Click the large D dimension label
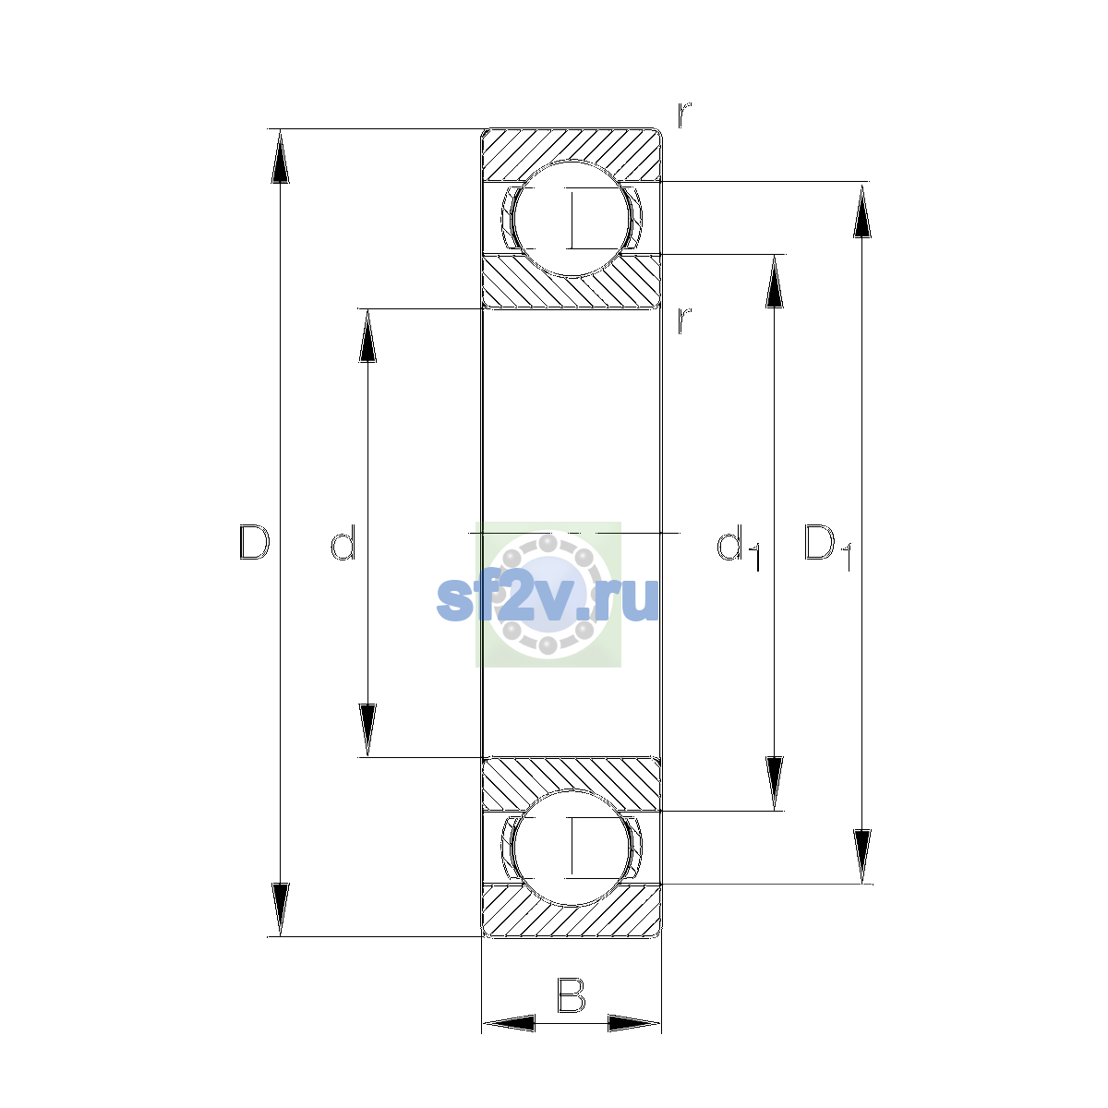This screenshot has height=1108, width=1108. (254, 542)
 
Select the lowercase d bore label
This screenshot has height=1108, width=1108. (343, 542)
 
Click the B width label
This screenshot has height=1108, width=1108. (571, 995)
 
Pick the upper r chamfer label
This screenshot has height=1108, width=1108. (683, 114)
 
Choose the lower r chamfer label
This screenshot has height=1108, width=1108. (683, 320)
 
